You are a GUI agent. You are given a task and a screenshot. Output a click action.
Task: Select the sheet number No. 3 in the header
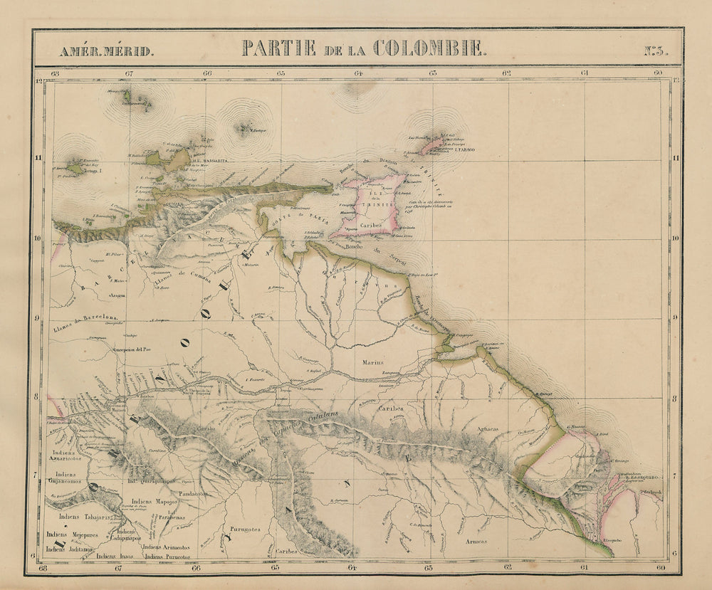pyautogui.click(x=655, y=51)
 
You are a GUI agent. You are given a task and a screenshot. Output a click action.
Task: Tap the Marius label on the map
pyautogui.click(x=372, y=362)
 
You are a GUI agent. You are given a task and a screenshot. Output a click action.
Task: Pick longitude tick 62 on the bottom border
pyautogui.click(x=507, y=568)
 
